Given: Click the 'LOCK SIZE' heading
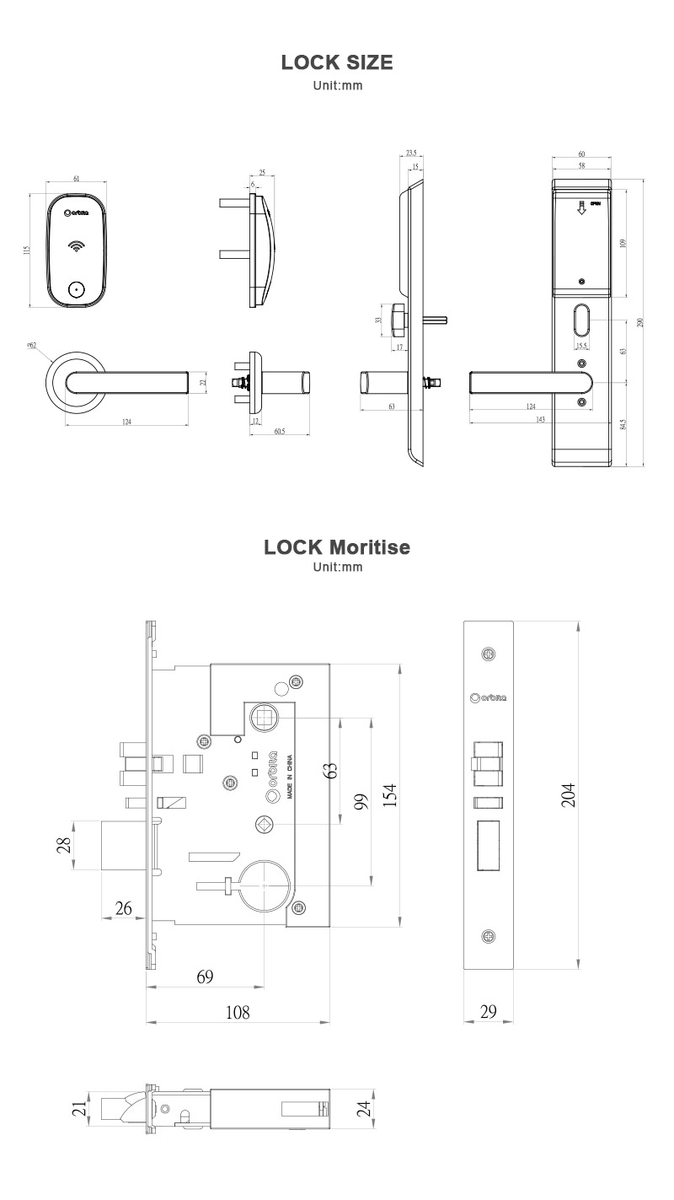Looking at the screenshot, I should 337,62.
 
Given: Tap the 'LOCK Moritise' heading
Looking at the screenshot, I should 337,546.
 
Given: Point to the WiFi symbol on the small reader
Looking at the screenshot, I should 77,247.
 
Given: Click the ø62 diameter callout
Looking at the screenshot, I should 31,346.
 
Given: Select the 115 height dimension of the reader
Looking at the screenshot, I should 27,250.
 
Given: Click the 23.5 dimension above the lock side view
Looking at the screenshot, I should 411,153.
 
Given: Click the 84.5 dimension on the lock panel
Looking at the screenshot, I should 623,424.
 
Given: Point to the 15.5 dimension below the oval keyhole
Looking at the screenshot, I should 581,346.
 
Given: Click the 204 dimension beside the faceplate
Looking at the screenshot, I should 569,794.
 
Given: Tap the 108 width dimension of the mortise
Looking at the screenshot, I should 238,1012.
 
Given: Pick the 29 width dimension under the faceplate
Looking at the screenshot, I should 489,1012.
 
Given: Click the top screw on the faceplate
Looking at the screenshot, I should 489,654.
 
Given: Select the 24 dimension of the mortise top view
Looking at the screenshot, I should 364,1107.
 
